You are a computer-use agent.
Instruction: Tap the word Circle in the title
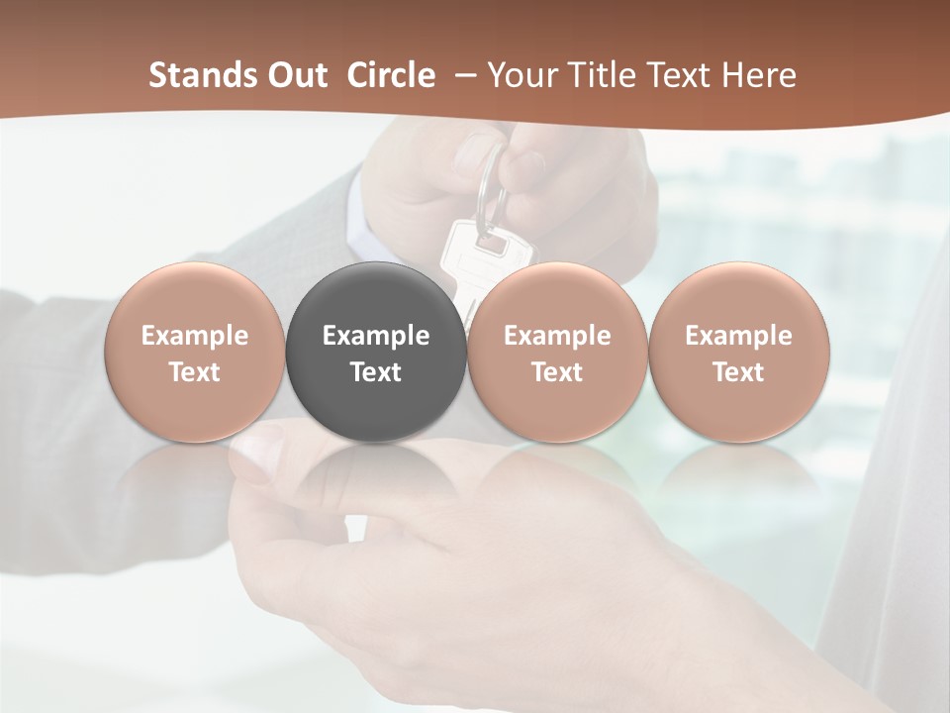pos(391,75)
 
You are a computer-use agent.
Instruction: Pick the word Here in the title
pos(759,75)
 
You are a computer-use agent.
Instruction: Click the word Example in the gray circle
pos(376,336)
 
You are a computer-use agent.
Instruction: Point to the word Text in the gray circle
pos(376,372)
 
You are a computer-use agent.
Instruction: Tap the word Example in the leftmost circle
pos(195,336)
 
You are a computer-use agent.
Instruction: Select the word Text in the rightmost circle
pos(739,372)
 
